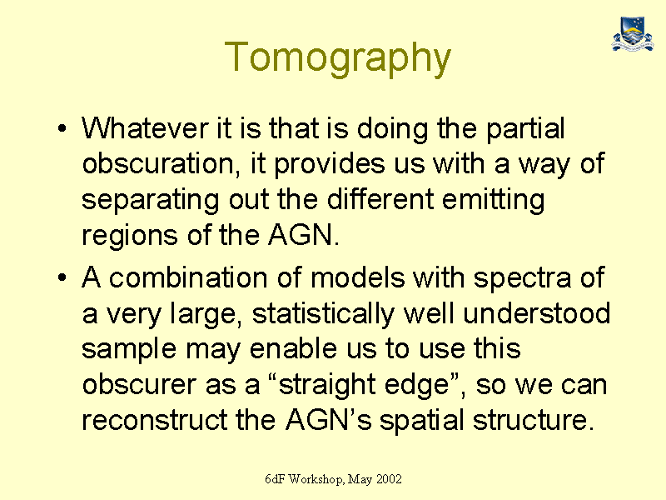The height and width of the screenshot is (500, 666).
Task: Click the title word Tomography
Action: [x=338, y=58]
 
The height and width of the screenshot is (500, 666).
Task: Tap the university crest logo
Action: [x=633, y=34]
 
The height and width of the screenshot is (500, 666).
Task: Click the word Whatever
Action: [x=145, y=128]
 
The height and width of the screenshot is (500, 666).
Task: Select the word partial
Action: [x=525, y=129]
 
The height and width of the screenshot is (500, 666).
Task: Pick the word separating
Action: [x=151, y=200]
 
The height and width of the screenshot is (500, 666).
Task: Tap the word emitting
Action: [x=493, y=200]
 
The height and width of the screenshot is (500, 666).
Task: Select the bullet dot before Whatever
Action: [x=62, y=128]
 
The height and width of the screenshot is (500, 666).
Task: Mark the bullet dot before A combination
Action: [x=62, y=277]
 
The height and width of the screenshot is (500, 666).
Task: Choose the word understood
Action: [x=537, y=313]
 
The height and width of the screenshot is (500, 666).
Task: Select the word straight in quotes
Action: [x=327, y=386]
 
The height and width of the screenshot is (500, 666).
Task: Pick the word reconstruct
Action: [x=155, y=421]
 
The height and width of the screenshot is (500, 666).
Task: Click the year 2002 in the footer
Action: [x=389, y=479]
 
